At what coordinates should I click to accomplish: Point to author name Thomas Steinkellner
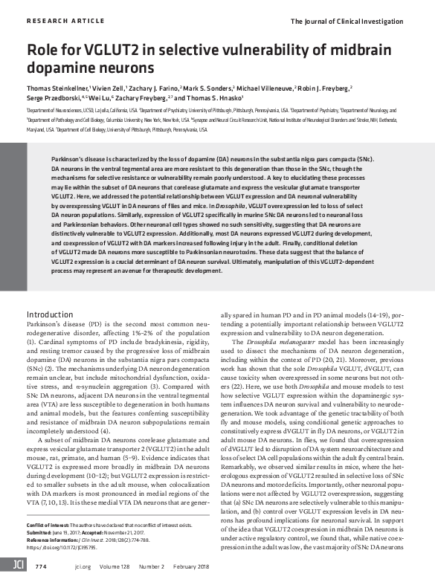click(x=58, y=88)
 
